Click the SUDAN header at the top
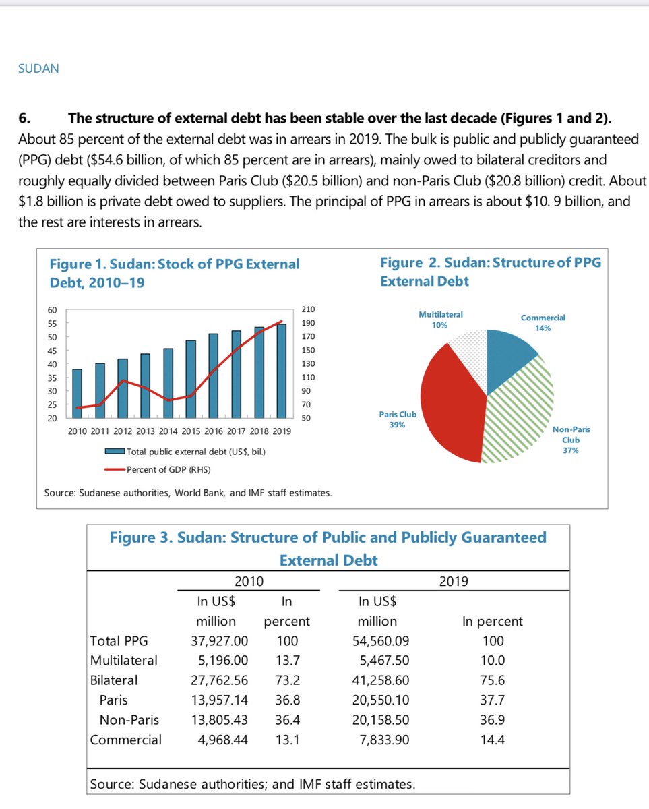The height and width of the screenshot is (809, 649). pyautogui.click(x=38, y=69)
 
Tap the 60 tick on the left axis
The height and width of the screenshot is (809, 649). pyautogui.click(x=53, y=309)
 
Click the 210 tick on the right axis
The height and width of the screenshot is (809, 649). pyautogui.click(x=309, y=309)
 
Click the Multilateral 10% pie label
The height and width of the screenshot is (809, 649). pyautogui.click(x=440, y=320)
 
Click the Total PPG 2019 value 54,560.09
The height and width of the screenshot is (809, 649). pyautogui.click(x=381, y=641)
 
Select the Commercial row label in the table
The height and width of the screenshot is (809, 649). pyautogui.click(x=126, y=740)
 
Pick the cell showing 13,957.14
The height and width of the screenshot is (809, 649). pyautogui.click(x=220, y=700)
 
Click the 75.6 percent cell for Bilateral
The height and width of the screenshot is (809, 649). pyautogui.click(x=492, y=680)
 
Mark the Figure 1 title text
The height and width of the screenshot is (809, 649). pyautogui.click(x=175, y=272)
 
